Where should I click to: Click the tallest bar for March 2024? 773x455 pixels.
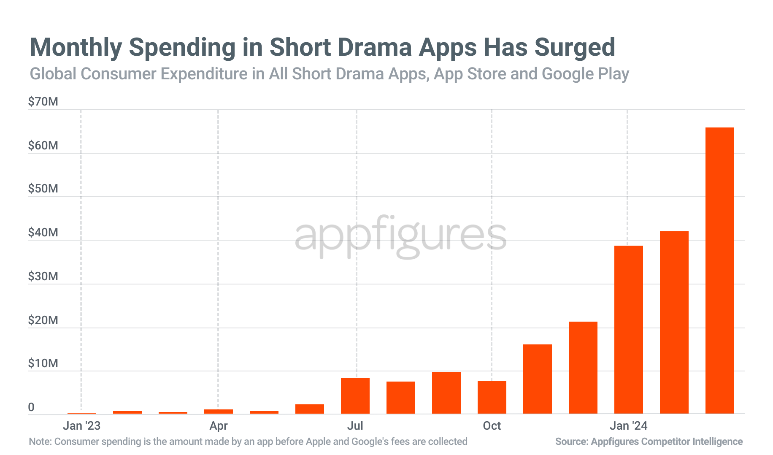click(x=719, y=270)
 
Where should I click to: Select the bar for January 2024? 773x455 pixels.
click(x=628, y=329)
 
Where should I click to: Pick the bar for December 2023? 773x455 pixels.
click(x=583, y=367)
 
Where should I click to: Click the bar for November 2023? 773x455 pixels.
click(x=537, y=379)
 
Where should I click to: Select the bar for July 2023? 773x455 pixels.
click(x=355, y=395)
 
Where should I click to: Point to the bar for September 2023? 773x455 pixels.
click(x=446, y=393)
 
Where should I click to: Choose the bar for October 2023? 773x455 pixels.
click(x=492, y=397)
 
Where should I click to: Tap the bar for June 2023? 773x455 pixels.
click(x=309, y=409)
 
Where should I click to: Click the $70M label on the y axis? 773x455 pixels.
click(x=43, y=102)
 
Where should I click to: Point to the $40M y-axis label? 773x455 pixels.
click(x=43, y=233)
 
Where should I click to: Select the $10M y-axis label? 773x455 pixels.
click(x=43, y=363)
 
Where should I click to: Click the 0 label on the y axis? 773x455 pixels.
click(x=31, y=407)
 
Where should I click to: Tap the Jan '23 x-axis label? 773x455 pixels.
click(x=81, y=425)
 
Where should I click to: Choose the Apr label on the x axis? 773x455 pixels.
click(x=218, y=425)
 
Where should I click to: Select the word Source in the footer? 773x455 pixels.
click(x=570, y=441)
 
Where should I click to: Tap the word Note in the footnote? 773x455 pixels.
click(x=39, y=441)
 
